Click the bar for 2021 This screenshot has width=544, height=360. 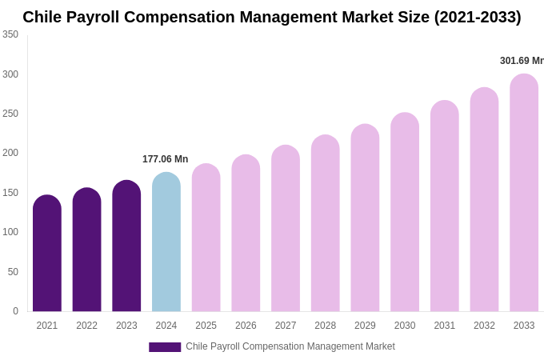(47, 254)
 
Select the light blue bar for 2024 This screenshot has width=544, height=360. (166, 242)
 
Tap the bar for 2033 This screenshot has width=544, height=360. (524, 193)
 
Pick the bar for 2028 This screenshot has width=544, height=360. (326, 223)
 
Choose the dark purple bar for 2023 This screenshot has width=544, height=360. (126, 246)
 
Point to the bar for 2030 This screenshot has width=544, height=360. (405, 212)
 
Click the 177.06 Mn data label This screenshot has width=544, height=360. (165, 159)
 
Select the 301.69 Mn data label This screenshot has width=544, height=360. (522, 61)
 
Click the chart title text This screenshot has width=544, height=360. (272, 17)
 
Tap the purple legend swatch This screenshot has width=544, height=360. (165, 347)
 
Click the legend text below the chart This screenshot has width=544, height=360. (290, 346)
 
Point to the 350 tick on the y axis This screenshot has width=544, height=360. (10, 34)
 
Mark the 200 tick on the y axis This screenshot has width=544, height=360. (10, 153)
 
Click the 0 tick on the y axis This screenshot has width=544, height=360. (15, 311)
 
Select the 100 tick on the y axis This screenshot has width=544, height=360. (10, 232)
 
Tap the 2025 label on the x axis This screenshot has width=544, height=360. (206, 326)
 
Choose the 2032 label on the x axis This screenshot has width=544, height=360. (484, 326)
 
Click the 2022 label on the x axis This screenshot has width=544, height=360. (86, 326)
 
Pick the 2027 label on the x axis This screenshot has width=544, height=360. (286, 326)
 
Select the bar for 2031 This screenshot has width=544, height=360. (445, 206)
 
